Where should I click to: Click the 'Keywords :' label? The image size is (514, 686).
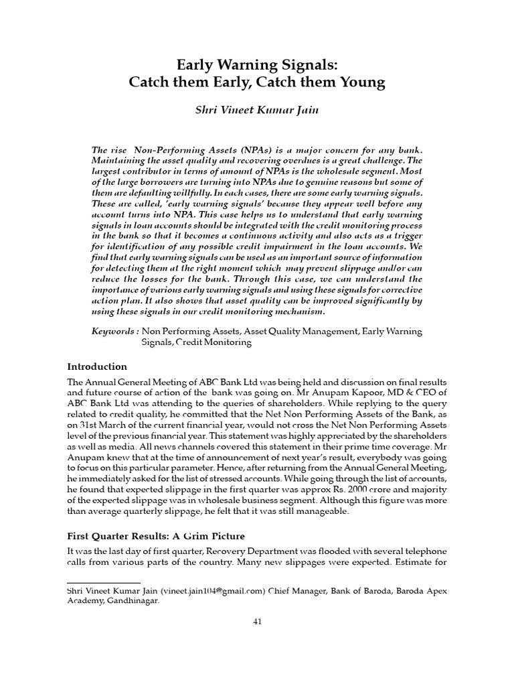click(x=115, y=332)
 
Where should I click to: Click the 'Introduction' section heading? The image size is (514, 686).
click(x=97, y=366)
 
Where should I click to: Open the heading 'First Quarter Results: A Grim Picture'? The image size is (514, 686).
click(x=156, y=537)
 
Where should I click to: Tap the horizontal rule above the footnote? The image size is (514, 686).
click(x=104, y=584)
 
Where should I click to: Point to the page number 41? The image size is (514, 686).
click(x=256, y=622)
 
